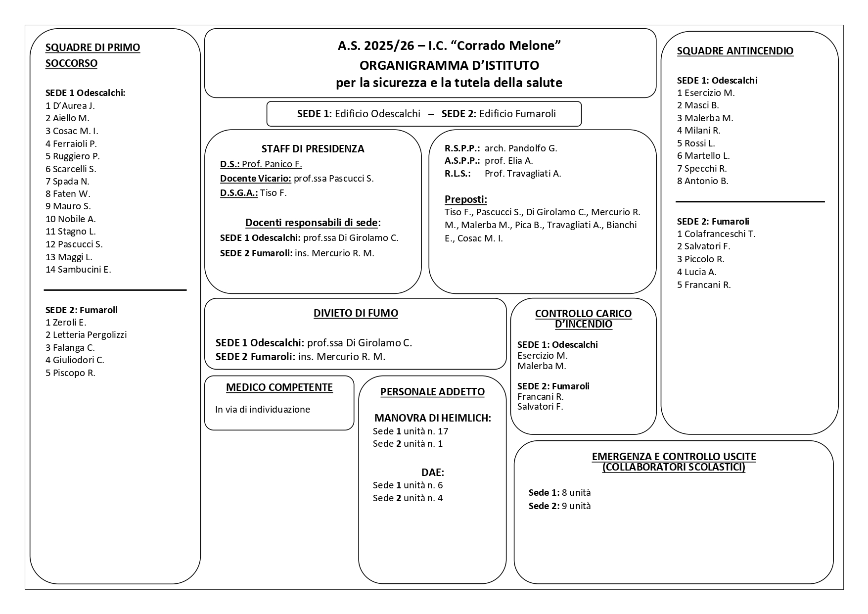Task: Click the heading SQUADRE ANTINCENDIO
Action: coord(734,51)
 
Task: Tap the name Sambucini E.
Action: coord(84,270)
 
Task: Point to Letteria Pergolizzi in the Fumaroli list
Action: coord(90,335)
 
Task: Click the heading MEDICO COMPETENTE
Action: coord(279,387)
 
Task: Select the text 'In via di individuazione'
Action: coord(262,410)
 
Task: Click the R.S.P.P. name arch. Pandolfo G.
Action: coord(520,148)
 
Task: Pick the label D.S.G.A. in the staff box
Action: coord(238,193)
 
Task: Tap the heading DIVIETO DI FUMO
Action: coord(356,313)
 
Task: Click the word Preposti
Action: coord(465,199)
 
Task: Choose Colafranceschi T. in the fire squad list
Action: coord(720,234)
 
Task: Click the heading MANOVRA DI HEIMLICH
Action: coord(432,418)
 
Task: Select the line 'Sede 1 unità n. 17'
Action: coord(410,431)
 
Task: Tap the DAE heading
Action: coord(432,472)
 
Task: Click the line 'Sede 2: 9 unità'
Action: coord(559,506)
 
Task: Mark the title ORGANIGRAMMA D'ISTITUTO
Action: coord(449,65)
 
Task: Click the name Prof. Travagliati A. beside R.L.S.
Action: coord(522,174)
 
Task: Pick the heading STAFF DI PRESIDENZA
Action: coord(313,149)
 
